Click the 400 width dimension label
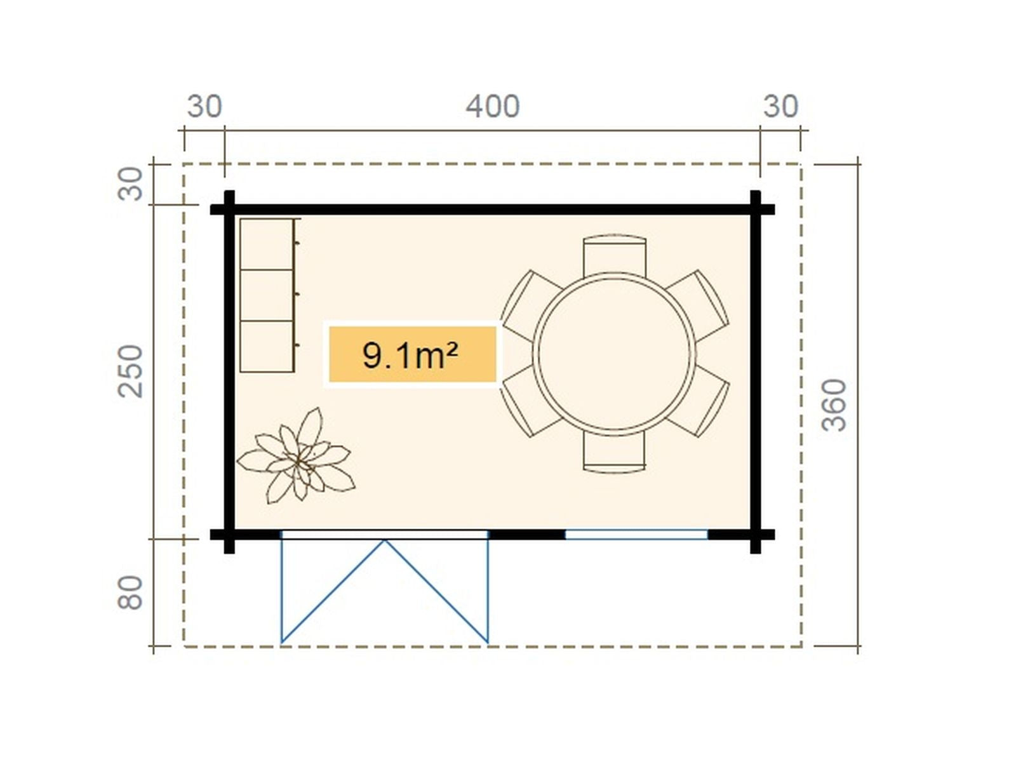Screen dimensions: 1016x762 click(x=493, y=107)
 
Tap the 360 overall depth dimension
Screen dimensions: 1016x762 click(x=834, y=405)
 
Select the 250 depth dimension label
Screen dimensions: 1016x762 click(x=130, y=371)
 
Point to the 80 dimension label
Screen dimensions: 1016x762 click(x=130, y=592)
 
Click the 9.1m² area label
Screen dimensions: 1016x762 click(x=411, y=356)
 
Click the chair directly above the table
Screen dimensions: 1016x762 click(x=614, y=255)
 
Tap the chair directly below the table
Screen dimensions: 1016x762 click(x=614, y=451)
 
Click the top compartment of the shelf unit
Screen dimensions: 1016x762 click(x=267, y=244)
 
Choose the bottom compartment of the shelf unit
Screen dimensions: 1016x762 click(x=267, y=346)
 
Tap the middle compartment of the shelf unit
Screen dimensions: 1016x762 click(x=267, y=295)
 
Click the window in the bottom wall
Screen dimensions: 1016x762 click(x=636, y=535)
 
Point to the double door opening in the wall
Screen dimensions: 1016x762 click(x=385, y=535)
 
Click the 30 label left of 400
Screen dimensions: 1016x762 click(x=204, y=107)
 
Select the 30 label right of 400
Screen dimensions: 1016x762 click(x=780, y=107)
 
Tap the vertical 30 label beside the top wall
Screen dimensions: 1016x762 click(x=130, y=184)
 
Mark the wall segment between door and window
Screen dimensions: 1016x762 click(x=527, y=535)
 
